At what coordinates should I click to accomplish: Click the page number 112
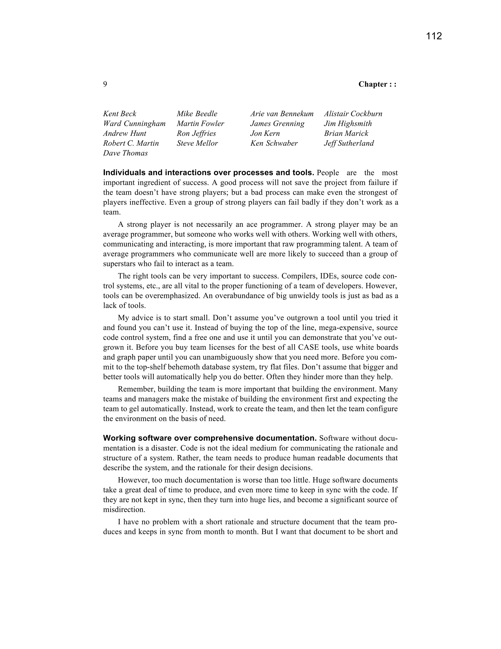434,36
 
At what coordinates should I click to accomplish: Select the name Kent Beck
120,114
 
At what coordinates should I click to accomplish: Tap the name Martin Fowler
200,124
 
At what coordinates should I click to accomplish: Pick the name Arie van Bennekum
282,114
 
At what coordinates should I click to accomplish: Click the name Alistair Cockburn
353,114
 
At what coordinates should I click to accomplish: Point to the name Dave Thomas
125,153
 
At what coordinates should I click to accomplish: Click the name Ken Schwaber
274,143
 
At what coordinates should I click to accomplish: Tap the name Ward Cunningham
134,124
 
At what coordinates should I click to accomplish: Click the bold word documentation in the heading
286,438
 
